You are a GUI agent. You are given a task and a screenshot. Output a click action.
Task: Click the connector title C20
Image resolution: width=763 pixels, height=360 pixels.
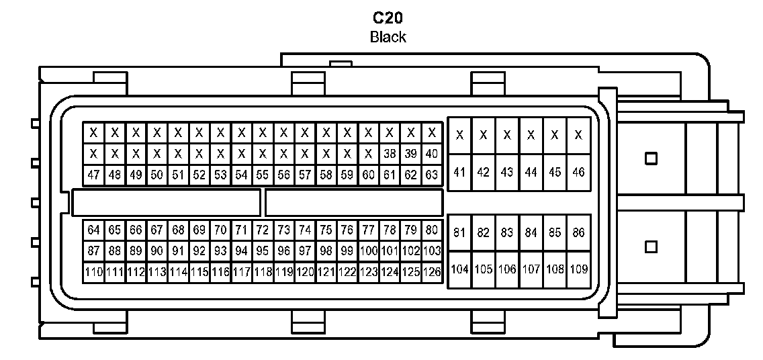pos(388,18)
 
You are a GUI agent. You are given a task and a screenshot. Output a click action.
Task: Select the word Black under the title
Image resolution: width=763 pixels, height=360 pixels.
pos(388,37)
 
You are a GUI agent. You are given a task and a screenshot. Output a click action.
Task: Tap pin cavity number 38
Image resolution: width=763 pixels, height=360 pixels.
pos(390,153)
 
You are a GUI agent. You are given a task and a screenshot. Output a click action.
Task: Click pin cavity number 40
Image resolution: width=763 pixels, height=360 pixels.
pos(432,153)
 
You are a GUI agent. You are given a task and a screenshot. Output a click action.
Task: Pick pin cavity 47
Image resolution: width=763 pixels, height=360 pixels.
pos(94,175)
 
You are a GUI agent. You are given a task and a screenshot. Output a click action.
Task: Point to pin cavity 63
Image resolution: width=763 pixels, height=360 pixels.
pos(432,175)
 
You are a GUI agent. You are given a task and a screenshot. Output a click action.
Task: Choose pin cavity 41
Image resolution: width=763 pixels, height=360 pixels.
pos(459,172)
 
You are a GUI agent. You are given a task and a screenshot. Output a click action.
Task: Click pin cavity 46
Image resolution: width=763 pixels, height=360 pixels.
pos(578,172)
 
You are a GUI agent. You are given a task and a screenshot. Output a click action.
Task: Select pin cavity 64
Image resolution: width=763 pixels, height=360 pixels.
pos(94,230)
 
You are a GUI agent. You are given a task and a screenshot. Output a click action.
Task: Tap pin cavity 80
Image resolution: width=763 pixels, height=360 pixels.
pos(432,230)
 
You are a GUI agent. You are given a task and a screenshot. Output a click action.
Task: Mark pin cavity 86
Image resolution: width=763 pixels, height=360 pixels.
pos(578,232)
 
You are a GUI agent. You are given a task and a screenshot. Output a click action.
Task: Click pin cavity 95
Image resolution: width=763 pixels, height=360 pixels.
pos(263,251)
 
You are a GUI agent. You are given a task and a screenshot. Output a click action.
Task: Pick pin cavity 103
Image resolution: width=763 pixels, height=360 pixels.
pos(432,251)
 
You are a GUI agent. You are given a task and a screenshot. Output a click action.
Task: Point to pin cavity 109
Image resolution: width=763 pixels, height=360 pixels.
pos(578,269)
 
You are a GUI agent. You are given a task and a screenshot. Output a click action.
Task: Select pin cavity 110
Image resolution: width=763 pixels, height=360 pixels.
pos(94,272)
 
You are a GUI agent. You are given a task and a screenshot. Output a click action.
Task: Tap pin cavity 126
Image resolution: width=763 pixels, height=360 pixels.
pos(432,272)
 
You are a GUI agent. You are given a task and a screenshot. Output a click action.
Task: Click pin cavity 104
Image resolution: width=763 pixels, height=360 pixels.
pos(459,269)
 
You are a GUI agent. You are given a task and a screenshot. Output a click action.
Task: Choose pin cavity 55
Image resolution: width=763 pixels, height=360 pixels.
pos(263,175)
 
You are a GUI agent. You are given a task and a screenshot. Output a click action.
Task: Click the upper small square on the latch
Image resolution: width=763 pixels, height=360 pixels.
pos(649,159)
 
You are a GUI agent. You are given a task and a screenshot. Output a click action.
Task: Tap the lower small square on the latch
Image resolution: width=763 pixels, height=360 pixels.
pos(649,246)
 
